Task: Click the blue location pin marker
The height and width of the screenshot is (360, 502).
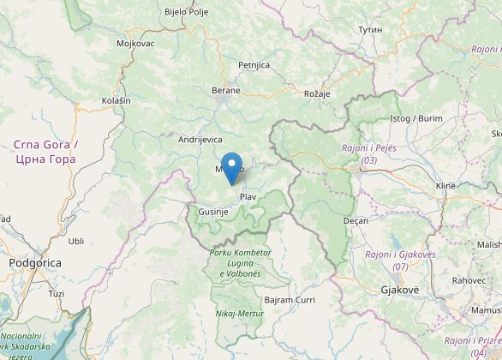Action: click(x=231, y=165)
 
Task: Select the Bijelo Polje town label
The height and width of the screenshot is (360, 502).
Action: click(x=187, y=12)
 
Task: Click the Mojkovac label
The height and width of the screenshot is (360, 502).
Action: click(x=134, y=42)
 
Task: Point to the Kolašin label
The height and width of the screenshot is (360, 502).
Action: click(x=116, y=100)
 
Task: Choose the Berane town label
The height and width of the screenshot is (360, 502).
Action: click(x=226, y=89)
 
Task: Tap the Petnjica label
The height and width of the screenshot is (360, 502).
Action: click(x=254, y=64)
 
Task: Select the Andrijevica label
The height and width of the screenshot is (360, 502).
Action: click(x=200, y=139)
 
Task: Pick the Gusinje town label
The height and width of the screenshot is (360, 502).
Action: click(x=211, y=211)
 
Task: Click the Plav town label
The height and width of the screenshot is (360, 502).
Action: click(x=248, y=197)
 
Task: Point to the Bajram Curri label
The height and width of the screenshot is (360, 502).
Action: click(x=290, y=300)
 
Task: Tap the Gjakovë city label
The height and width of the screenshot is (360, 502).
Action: click(x=400, y=291)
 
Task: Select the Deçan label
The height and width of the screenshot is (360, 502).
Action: click(x=355, y=220)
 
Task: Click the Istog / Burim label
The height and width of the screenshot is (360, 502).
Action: click(x=416, y=117)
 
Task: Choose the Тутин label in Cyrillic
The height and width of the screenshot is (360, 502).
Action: click(x=370, y=29)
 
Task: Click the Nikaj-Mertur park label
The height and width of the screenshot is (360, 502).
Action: click(x=239, y=314)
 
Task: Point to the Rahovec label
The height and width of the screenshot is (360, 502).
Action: click(x=469, y=280)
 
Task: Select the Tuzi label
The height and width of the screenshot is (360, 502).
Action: click(x=57, y=293)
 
